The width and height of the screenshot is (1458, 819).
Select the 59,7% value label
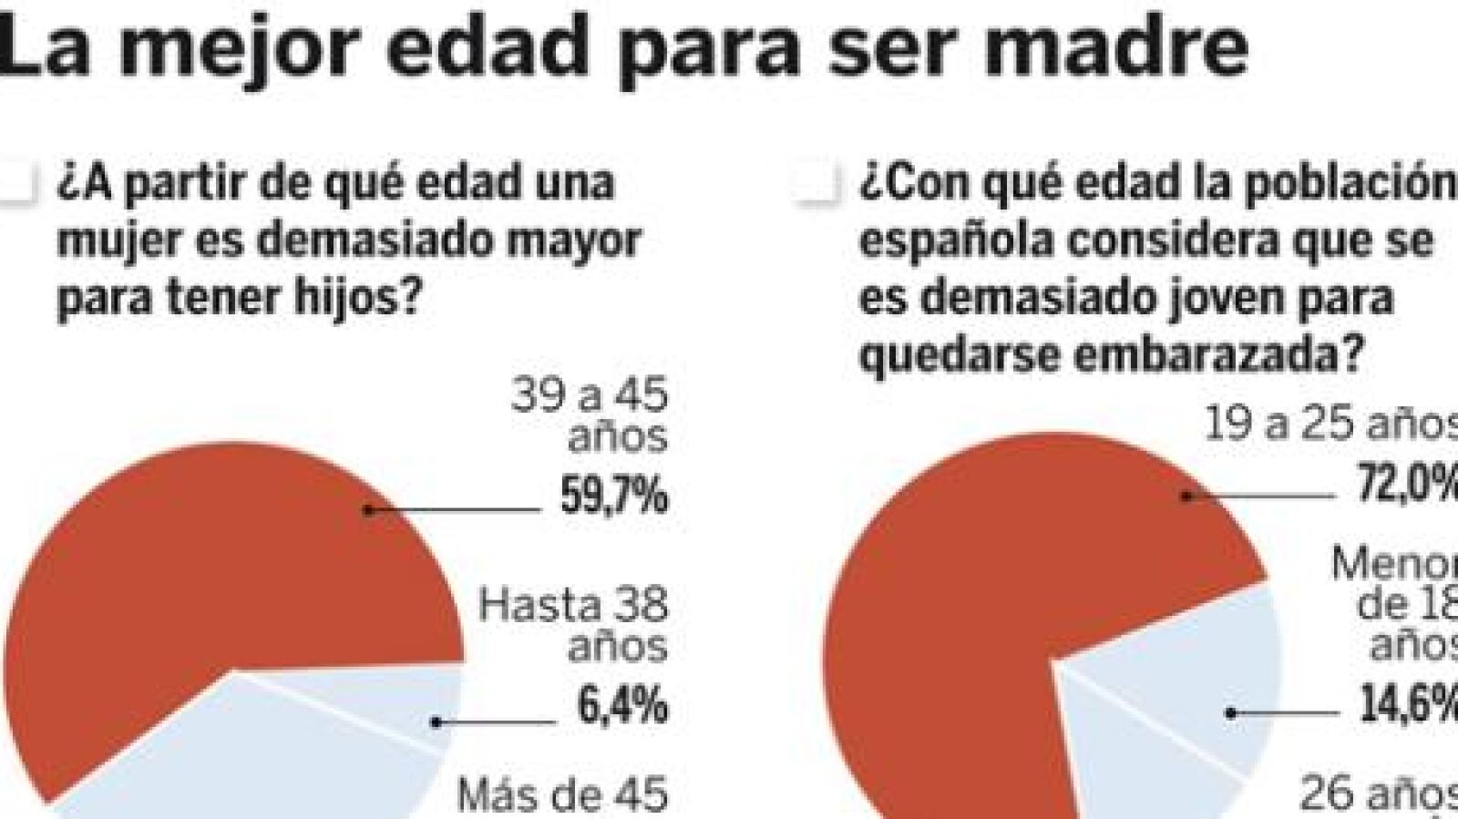(614, 497)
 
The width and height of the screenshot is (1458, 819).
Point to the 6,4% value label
(622, 706)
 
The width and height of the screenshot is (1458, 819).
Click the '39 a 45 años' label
(590, 415)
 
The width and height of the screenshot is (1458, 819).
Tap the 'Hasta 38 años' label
(574, 625)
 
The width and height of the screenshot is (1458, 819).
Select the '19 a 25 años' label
(1330, 424)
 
